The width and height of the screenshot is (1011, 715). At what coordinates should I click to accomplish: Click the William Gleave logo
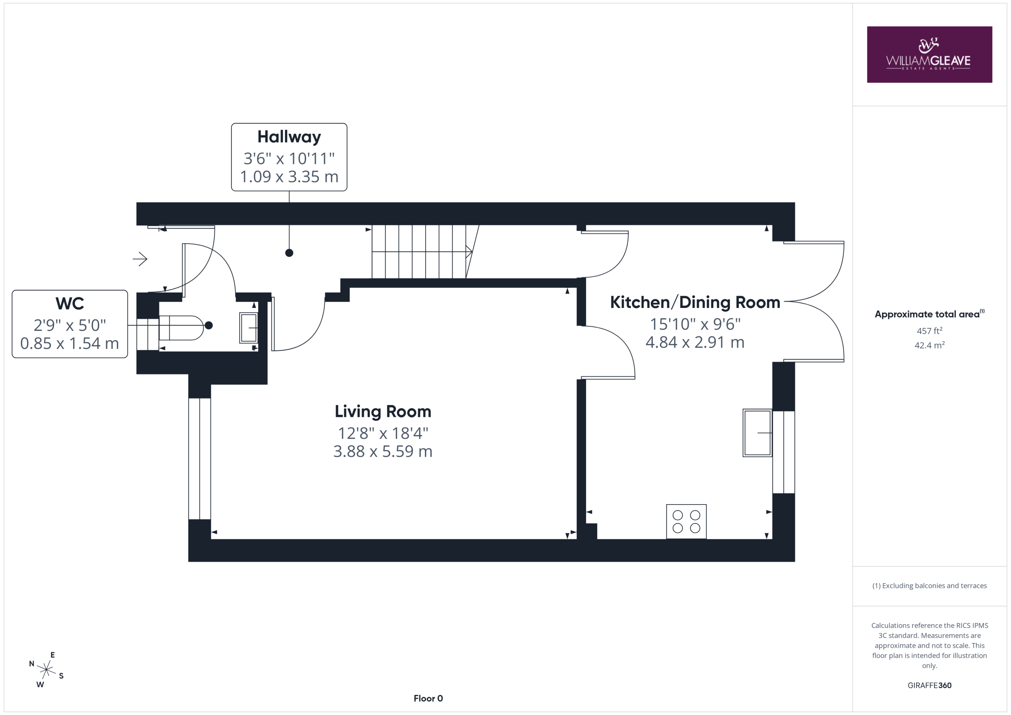tap(929, 54)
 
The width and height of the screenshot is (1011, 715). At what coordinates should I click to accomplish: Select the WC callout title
tap(70, 303)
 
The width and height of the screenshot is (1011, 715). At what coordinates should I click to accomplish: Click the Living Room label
tap(383, 412)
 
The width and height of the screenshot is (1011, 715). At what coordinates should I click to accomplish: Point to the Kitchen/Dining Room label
tap(695, 302)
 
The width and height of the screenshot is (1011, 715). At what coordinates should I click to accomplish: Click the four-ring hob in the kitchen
tap(686, 521)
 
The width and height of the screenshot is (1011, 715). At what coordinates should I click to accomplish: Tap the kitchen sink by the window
tap(757, 433)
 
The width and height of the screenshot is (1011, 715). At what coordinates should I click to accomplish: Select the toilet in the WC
tap(181, 328)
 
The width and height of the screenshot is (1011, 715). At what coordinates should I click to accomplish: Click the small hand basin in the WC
tap(248, 328)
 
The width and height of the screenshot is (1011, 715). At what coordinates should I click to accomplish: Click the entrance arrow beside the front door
tap(140, 259)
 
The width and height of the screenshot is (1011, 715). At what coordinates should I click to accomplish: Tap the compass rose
tap(46, 670)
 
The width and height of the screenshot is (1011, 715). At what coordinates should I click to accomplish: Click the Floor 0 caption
tap(428, 698)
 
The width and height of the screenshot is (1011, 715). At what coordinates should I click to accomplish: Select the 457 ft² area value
tap(929, 330)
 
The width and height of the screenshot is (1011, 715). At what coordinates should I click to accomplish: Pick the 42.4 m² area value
tap(929, 345)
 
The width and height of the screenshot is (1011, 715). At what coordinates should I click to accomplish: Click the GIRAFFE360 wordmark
tap(929, 685)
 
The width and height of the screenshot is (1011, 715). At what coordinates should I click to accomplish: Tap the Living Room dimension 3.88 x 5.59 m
tap(383, 451)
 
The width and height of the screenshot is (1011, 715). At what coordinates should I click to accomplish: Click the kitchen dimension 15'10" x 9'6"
tap(695, 324)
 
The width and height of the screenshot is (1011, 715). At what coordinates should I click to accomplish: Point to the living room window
tap(199, 458)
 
